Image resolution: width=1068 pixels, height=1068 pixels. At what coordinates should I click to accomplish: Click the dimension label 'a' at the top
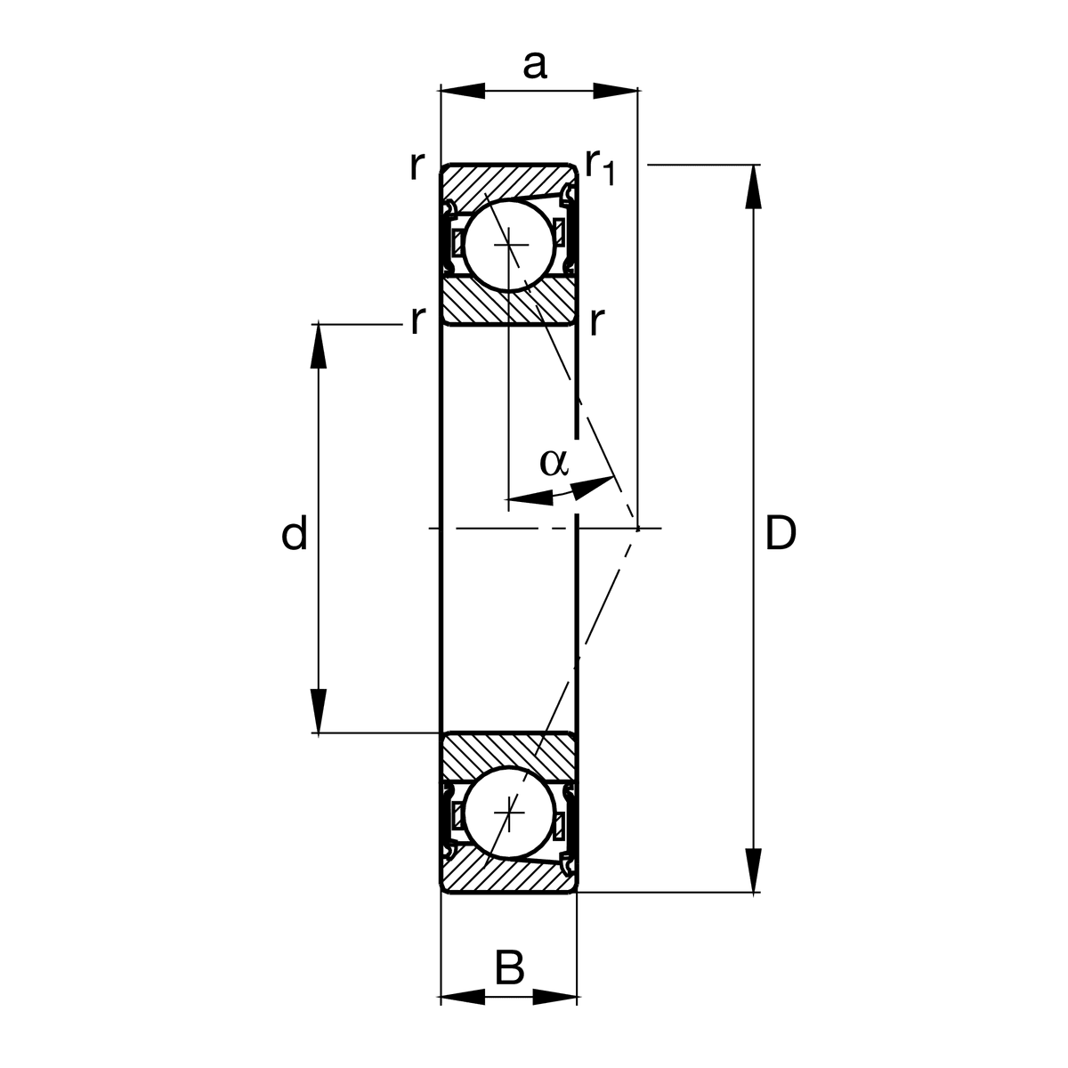pos(534,65)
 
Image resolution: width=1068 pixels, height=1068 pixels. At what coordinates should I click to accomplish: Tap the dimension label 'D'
pos(781,533)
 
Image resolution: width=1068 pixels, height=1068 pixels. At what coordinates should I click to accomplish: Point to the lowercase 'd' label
pos(295,532)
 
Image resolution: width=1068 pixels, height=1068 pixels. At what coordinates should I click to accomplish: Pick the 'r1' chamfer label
pos(600,166)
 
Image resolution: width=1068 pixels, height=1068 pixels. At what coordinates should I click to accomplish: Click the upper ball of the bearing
pos(509,245)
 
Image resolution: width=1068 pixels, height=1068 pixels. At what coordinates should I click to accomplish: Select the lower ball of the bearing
pos(509,813)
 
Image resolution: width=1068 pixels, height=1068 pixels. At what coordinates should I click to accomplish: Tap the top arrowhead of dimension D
pos(753,187)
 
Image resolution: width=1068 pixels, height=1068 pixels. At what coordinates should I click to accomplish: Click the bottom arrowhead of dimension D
pos(753,870)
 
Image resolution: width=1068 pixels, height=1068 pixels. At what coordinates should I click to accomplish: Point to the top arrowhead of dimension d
pos(318,346)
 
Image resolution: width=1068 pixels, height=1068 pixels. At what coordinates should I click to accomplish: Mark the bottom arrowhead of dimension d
pos(318,711)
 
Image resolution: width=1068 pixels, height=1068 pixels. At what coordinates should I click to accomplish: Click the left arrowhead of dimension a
pos(463,91)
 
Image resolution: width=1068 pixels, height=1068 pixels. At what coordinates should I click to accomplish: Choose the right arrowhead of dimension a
pos(615,91)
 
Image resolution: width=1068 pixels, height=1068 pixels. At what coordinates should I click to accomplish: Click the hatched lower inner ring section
pos(508,753)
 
